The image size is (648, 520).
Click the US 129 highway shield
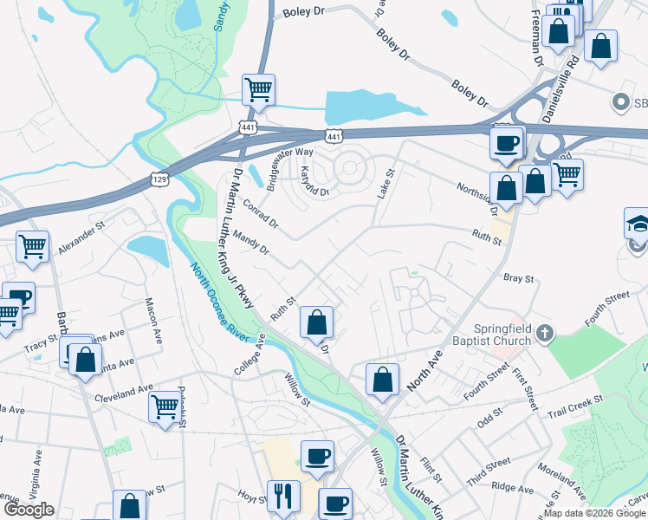159,179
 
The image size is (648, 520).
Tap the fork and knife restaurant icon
283,497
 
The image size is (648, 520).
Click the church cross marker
545,333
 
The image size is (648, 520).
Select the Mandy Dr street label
252,244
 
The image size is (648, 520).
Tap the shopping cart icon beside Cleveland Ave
165,405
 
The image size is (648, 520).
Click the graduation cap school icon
638,223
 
